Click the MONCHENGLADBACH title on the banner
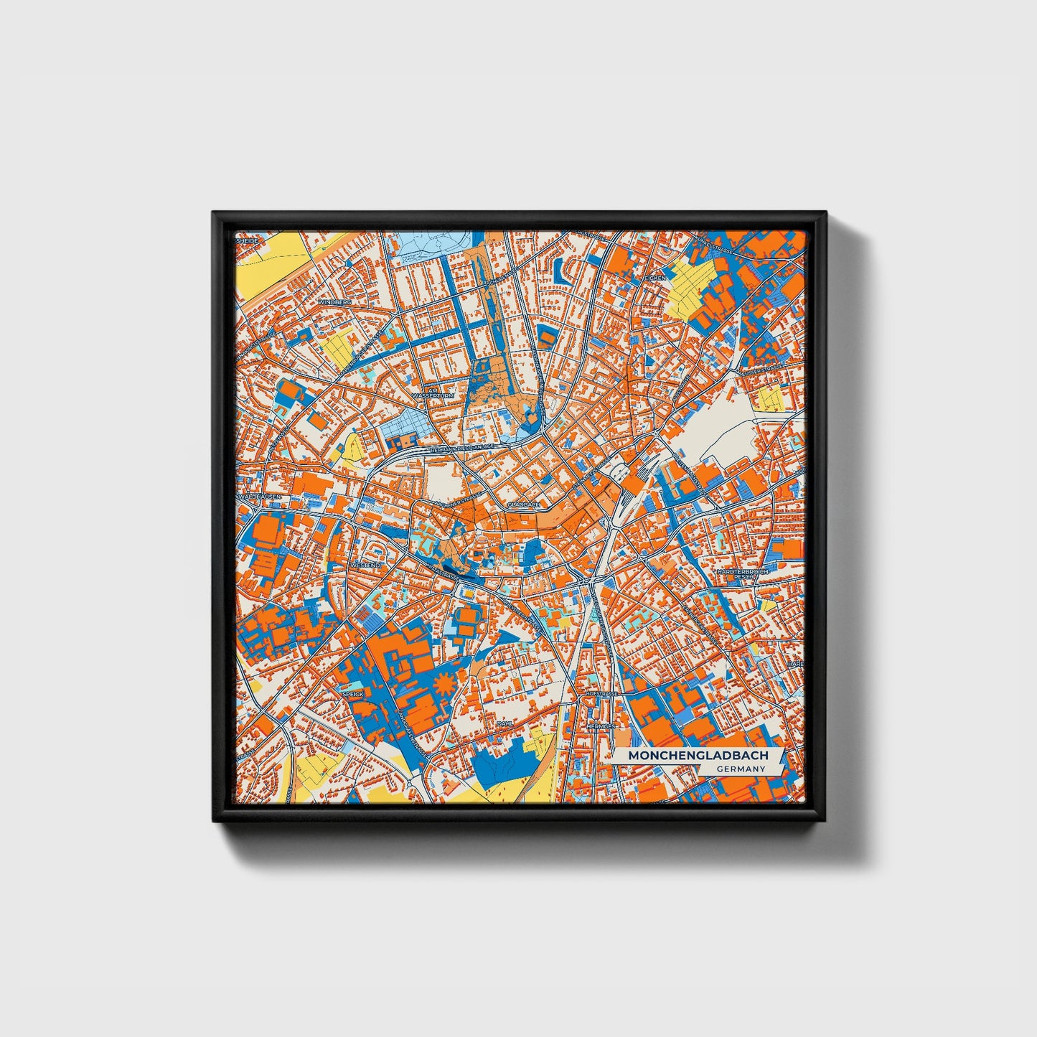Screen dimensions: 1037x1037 point(698,756)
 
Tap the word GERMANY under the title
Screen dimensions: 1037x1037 point(740,769)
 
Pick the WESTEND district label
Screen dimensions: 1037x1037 point(365,566)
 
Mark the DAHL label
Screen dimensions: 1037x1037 point(504,724)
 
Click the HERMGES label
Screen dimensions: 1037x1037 point(601,726)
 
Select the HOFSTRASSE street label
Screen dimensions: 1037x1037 point(600,695)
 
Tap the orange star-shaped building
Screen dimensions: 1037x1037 point(445,684)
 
